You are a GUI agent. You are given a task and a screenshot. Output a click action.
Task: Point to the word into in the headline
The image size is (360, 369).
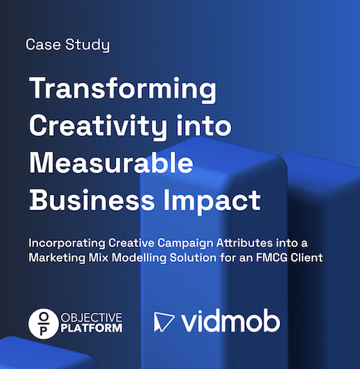point(204,128)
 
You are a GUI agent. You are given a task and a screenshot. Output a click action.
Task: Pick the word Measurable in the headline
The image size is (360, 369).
point(111,163)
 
